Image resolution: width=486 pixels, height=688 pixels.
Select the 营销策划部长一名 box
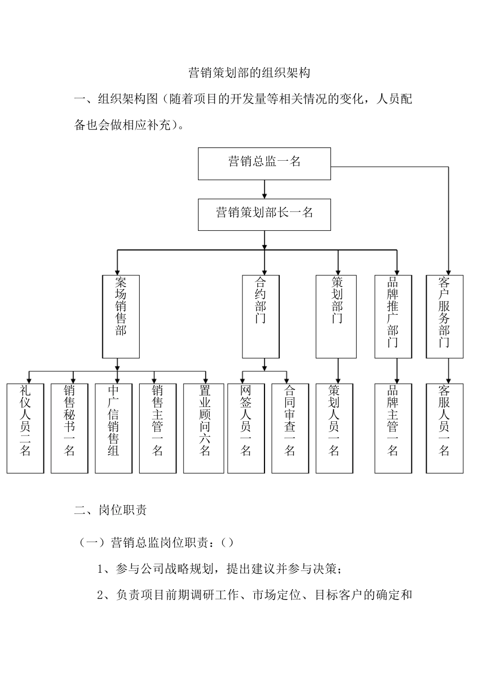click(264, 214)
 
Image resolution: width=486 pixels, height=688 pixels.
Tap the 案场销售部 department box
click(121, 316)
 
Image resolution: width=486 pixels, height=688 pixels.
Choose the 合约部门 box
click(260, 316)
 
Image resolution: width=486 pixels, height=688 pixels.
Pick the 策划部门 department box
click(336, 316)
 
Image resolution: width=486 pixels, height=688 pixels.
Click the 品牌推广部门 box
click(393, 316)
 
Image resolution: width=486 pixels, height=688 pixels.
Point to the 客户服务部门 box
click(445, 316)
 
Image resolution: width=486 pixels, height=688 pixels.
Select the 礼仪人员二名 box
click(25, 428)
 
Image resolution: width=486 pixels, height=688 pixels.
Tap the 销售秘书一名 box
click(70, 428)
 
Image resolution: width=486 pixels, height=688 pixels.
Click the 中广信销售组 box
click(114, 428)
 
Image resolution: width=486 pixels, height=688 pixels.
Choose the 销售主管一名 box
click(158, 428)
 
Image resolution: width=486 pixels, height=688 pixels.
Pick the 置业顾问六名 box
click(204, 428)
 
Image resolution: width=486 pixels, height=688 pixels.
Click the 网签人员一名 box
click(246, 428)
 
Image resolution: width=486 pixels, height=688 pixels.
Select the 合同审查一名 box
click(290, 428)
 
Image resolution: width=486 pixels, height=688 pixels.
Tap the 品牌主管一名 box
click(393, 428)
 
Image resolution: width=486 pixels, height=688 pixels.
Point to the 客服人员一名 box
click(445, 428)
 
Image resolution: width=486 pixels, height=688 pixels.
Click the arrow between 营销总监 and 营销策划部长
click(264, 189)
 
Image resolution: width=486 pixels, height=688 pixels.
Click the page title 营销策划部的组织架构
click(249, 73)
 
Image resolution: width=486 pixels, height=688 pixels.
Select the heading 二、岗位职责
click(111, 510)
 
